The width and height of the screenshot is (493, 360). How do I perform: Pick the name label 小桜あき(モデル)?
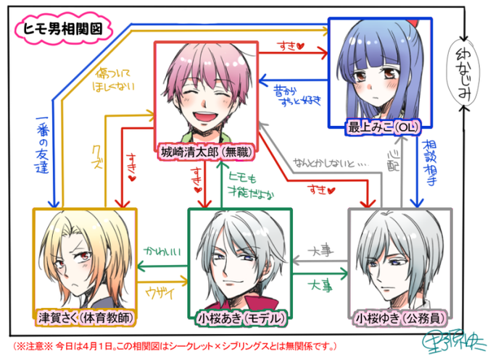click(x=239, y=317)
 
